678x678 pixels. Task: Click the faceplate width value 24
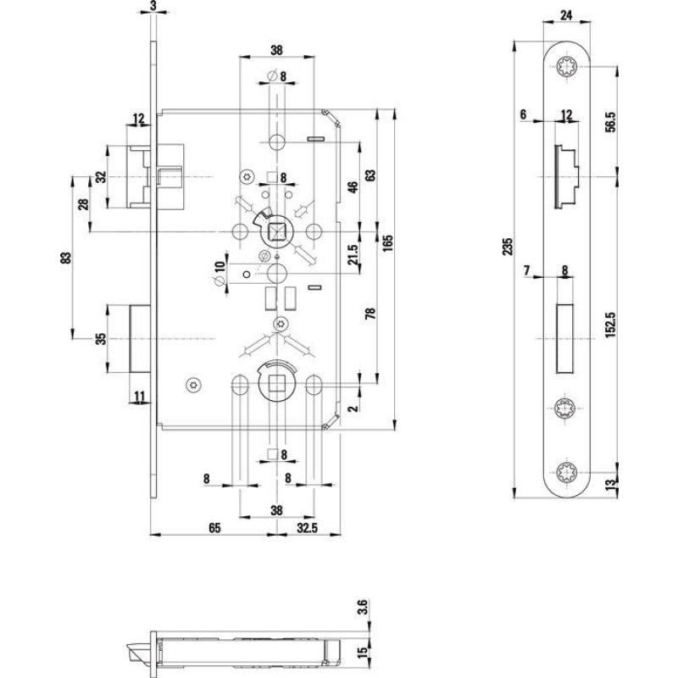[x=566, y=14]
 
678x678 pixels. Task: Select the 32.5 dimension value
[x=308, y=527]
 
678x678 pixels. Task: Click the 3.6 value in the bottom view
[x=364, y=607]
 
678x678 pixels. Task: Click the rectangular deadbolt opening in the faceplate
[x=566, y=336]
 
